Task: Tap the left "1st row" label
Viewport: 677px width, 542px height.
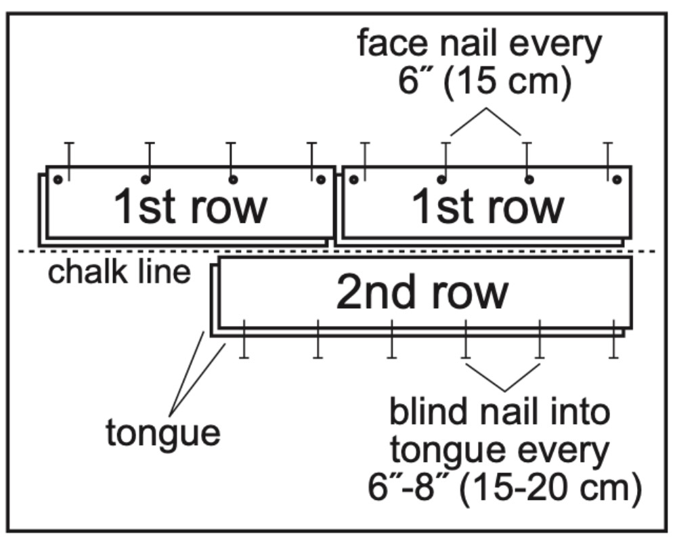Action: tap(190, 206)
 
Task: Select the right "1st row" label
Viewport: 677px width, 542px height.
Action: tap(488, 206)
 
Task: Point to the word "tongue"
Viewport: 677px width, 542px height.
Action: tap(162, 432)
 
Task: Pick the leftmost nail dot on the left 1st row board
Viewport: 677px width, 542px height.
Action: tap(58, 180)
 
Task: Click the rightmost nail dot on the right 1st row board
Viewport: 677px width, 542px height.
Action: tap(616, 180)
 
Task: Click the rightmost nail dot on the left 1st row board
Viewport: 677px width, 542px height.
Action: tap(321, 180)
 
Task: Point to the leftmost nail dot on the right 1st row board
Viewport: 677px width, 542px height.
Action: tap(353, 180)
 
